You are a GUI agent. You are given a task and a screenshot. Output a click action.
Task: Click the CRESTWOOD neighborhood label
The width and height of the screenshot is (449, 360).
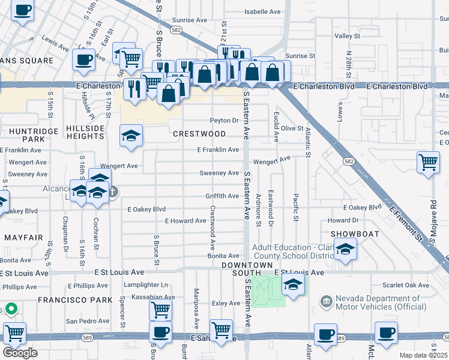click(x=199, y=134)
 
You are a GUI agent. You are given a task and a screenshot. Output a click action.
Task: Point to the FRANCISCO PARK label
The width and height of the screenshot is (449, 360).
click(x=75, y=299)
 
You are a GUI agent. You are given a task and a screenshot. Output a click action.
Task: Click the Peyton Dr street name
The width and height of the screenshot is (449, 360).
click(x=224, y=120)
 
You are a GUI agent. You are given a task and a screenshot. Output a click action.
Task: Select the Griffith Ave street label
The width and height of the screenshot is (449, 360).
click(x=222, y=196)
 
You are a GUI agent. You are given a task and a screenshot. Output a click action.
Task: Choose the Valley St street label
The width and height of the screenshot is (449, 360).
click(x=347, y=36)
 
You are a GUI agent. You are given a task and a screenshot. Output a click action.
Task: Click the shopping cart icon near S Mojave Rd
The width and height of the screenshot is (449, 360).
click(x=428, y=162)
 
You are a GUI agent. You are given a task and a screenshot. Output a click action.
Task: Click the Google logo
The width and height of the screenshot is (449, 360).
click(x=20, y=353)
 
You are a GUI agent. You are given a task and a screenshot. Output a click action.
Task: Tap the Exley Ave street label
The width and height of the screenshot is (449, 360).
click(x=226, y=304)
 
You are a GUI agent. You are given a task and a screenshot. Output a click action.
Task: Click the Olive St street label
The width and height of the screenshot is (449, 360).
click(x=292, y=128)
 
